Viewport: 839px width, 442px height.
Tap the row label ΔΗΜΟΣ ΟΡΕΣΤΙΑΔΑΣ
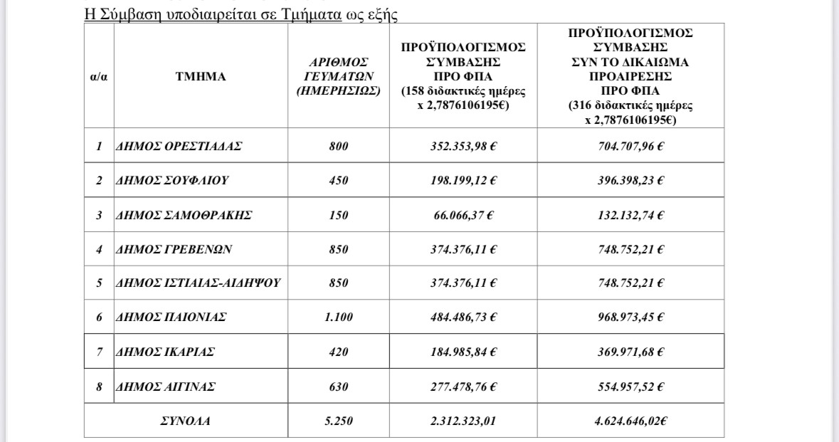(x=179, y=146)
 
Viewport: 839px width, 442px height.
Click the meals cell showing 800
(x=339, y=146)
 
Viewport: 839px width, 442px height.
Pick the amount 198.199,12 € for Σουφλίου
(x=463, y=180)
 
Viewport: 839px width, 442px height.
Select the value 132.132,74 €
(x=630, y=215)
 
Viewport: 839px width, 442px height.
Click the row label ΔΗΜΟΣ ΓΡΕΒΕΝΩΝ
(x=174, y=249)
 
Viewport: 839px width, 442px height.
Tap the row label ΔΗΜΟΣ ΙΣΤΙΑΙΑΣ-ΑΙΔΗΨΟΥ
(x=198, y=283)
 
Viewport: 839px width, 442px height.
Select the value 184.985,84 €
(x=463, y=352)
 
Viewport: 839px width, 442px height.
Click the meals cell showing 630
(x=339, y=387)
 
